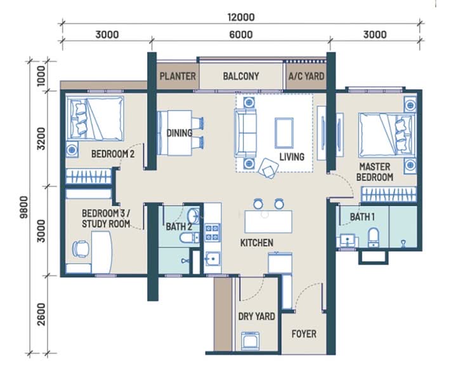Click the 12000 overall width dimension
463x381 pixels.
click(x=241, y=17)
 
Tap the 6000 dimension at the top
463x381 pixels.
click(x=241, y=34)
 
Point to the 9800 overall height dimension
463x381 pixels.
click(x=23, y=207)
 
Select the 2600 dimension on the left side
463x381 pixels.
click(x=42, y=314)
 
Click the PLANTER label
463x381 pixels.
click(x=178, y=76)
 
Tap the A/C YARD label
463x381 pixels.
click(x=306, y=76)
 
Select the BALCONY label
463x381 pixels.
click(x=240, y=76)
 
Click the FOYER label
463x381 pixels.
click(x=304, y=334)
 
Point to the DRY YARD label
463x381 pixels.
click(x=256, y=317)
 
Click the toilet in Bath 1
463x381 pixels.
click(x=373, y=237)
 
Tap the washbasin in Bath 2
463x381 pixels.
click(x=193, y=216)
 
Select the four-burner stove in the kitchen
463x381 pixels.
click(x=212, y=232)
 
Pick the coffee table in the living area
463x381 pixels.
click(x=284, y=133)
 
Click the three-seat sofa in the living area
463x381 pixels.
click(x=245, y=133)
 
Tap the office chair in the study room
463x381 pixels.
click(x=81, y=249)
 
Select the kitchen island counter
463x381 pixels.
click(x=268, y=222)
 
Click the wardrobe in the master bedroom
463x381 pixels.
click(x=389, y=194)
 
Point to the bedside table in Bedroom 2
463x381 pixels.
click(x=72, y=150)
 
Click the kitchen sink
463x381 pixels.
click(x=212, y=259)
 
